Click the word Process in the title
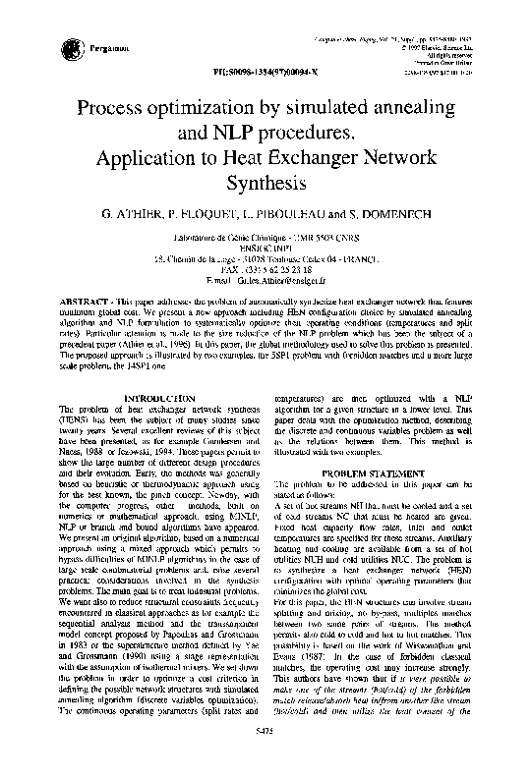point(124,105)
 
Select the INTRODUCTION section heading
point(154,397)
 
